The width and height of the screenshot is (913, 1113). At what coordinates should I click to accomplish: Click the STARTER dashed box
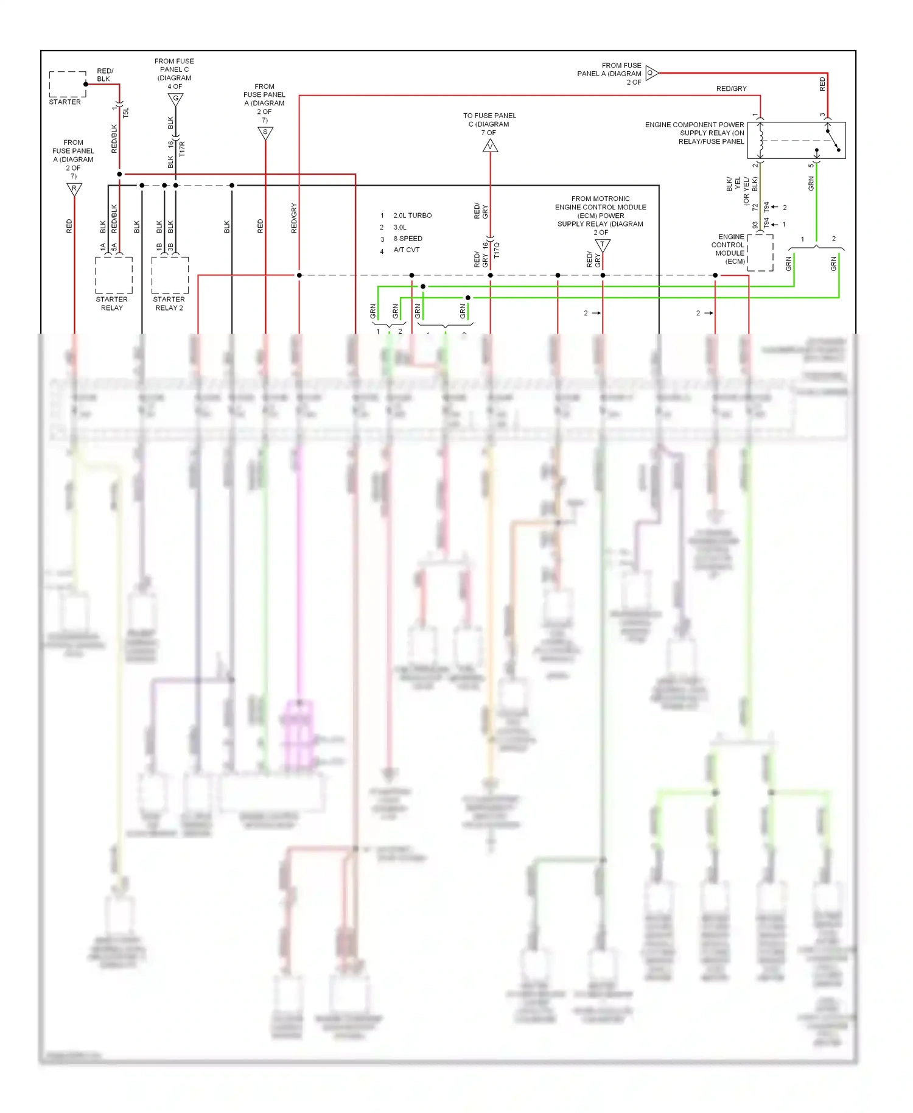68,84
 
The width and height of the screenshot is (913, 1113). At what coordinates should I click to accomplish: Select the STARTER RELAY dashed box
114,275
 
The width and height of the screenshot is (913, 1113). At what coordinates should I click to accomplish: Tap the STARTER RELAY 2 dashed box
170,275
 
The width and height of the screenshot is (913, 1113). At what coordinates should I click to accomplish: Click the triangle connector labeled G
175,99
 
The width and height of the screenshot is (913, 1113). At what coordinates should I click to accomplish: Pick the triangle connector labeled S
265,132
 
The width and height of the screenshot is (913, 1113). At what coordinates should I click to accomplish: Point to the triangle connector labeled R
74,189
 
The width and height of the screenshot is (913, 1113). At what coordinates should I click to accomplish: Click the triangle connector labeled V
490,146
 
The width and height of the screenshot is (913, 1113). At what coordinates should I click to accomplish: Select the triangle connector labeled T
603,245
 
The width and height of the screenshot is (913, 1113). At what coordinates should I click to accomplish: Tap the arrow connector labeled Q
651,73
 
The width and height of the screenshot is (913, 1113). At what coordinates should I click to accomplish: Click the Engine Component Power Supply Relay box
796,140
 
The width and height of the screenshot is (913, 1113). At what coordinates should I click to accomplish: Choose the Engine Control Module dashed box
760,252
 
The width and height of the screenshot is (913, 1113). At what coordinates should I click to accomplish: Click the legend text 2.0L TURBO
412,216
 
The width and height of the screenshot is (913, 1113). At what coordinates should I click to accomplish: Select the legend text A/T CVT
406,250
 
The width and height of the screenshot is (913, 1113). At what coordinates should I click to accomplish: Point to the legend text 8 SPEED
408,239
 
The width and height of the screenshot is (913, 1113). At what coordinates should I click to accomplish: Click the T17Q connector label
497,250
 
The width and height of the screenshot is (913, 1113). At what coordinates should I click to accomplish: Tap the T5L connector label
126,113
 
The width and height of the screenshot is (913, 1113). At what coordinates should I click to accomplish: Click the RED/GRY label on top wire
731,89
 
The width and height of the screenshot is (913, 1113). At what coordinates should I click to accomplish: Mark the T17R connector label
182,149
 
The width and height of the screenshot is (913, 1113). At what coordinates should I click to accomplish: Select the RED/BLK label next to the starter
105,75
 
